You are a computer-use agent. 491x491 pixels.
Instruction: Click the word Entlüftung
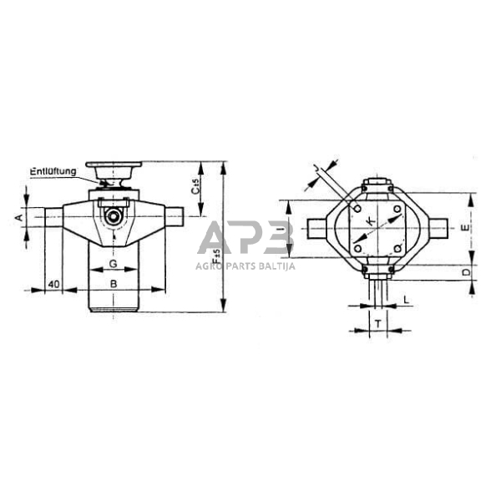point(53,171)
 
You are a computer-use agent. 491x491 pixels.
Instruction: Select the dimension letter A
point(18,216)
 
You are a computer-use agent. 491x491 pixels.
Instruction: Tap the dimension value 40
point(53,284)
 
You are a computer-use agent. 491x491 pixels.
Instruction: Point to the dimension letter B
point(114,284)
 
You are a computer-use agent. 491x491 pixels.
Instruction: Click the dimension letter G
point(113,265)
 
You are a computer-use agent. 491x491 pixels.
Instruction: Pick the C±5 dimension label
point(195,188)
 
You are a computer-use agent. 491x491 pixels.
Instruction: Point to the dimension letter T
point(377,323)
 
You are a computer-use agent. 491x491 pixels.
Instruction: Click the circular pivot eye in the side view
point(113,218)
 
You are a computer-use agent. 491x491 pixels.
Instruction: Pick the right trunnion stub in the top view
point(438,226)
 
